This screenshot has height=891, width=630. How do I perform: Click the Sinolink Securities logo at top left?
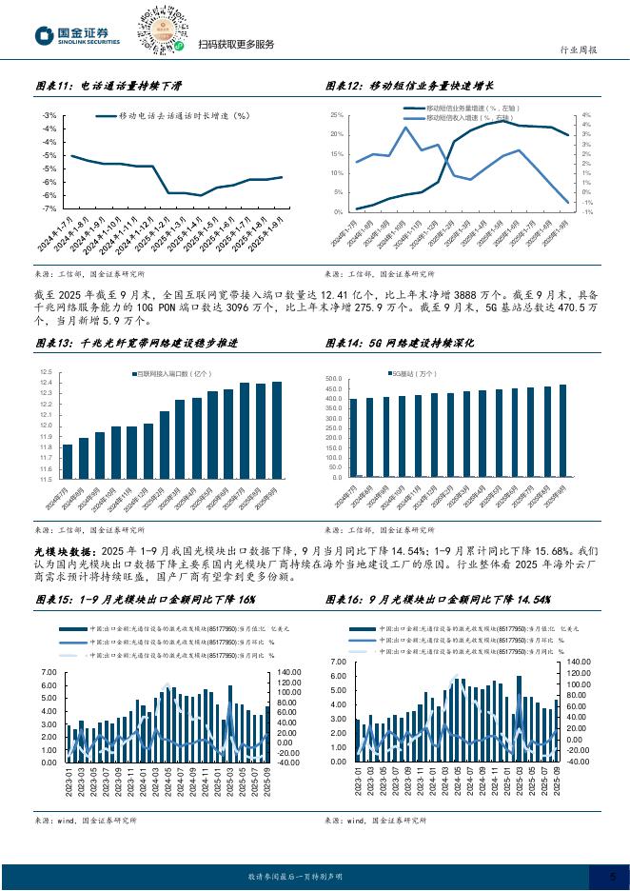tap(77, 36)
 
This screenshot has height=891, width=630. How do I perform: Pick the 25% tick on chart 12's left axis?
tap(336, 115)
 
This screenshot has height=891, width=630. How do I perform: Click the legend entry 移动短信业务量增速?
tap(466, 109)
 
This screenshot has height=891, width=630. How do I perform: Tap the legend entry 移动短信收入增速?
tap(466, 118)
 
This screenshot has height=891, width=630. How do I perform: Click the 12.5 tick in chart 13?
tap(46, 372)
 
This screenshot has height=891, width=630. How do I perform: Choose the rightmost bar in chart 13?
tap(277, 429)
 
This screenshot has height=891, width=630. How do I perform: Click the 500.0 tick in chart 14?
tap(332, 378)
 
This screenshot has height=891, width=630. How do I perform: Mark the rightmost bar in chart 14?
tap(562, 430)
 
